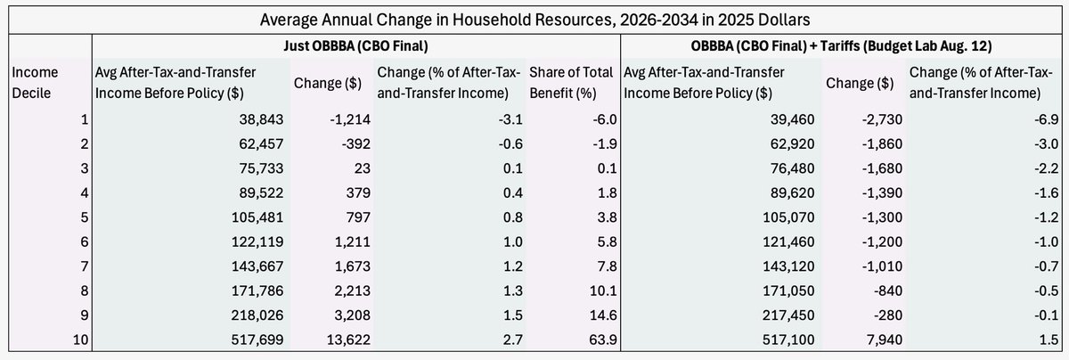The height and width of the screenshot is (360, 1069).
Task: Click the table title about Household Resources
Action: tap(534, 18)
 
